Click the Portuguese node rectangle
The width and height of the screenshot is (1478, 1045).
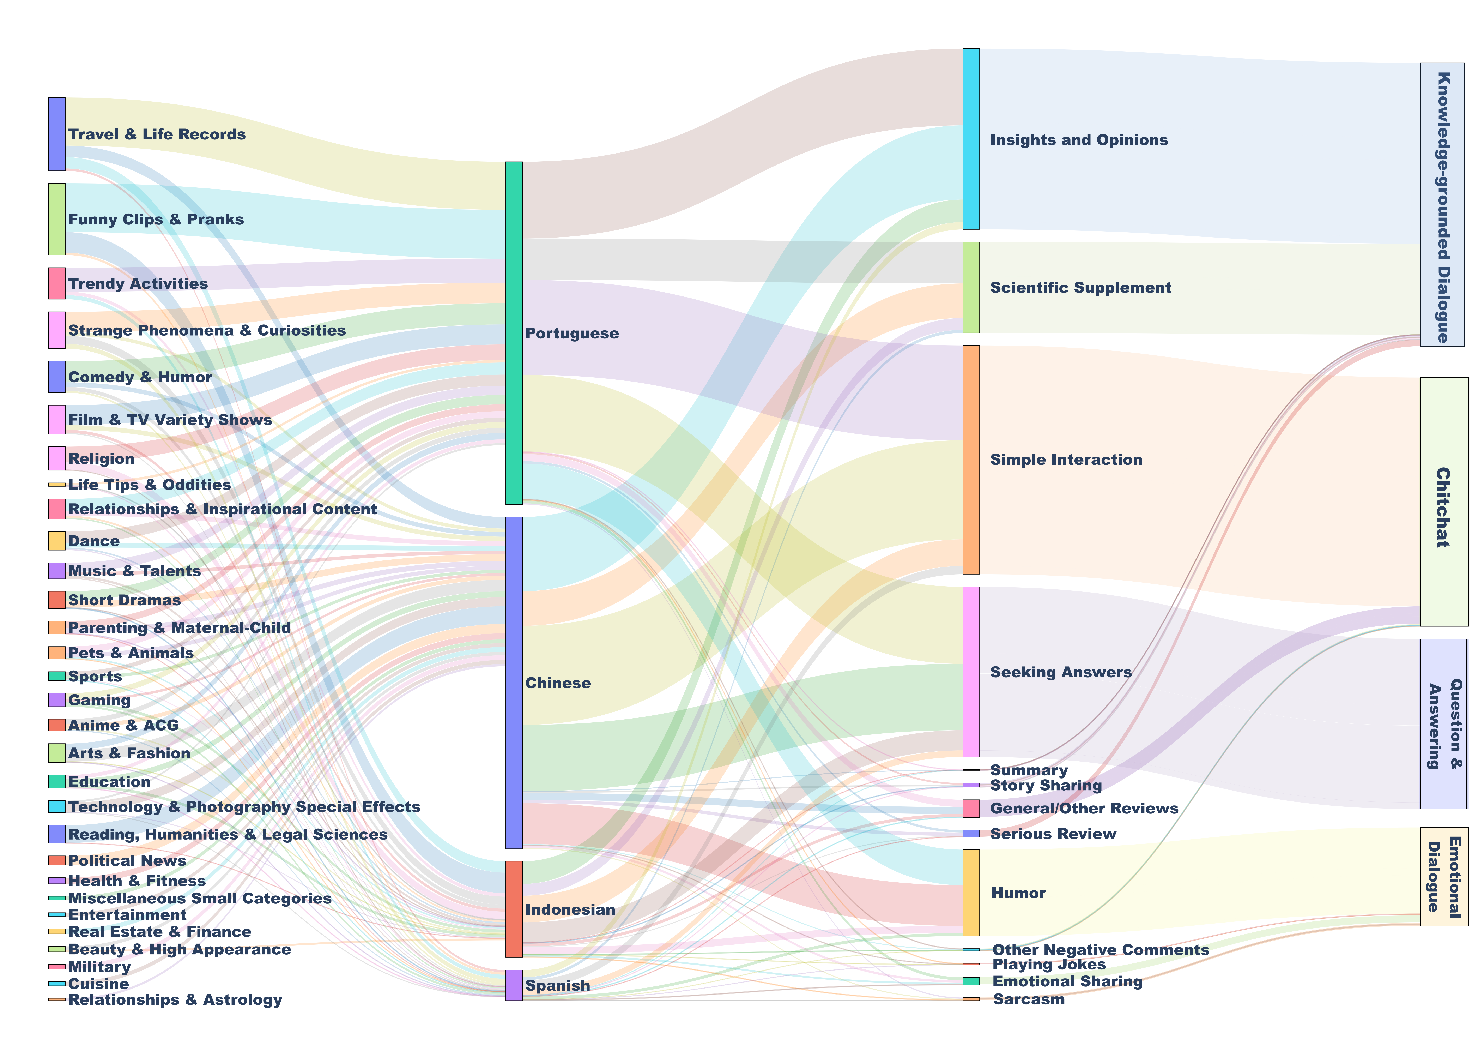click(514, 333)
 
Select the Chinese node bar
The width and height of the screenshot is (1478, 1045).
click(514, 683)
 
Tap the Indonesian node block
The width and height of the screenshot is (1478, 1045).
click(514, 909)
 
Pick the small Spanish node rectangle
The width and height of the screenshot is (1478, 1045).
click(514, 985)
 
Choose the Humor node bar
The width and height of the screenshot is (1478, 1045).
click(971, 892)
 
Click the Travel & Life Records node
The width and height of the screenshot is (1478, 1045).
click(57, 134)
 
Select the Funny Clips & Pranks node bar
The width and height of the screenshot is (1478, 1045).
click(57, 219)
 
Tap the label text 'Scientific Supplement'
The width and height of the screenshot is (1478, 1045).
click(1080, 288)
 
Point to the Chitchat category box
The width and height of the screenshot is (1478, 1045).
click(1444, 502)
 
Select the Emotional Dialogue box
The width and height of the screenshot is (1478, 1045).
click(1444, 876)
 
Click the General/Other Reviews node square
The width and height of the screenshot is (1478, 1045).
click(971, 809)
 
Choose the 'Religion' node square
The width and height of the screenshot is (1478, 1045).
click(57, 458)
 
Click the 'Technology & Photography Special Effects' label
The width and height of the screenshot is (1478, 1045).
click(244, 807)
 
